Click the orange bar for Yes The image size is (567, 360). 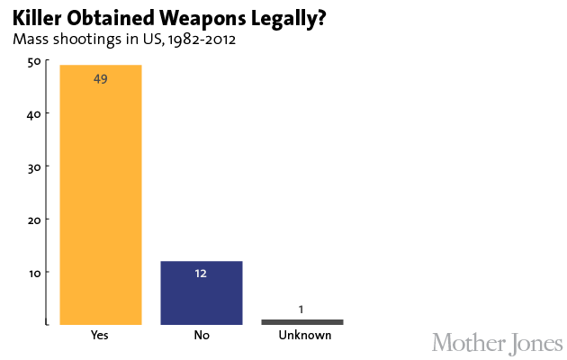tap(100, 193)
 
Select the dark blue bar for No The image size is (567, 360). tap(202, 292)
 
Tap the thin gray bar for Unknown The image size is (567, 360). tap(301, 321)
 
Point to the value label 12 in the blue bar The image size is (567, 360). tap(202, 274)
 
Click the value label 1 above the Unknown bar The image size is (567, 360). tap(301, 310)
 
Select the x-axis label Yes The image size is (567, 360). tap(100, 336)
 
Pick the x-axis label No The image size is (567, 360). tap(202, 336)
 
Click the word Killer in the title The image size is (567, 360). tap(33, 18)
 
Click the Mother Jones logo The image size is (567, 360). tap(497, 343)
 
